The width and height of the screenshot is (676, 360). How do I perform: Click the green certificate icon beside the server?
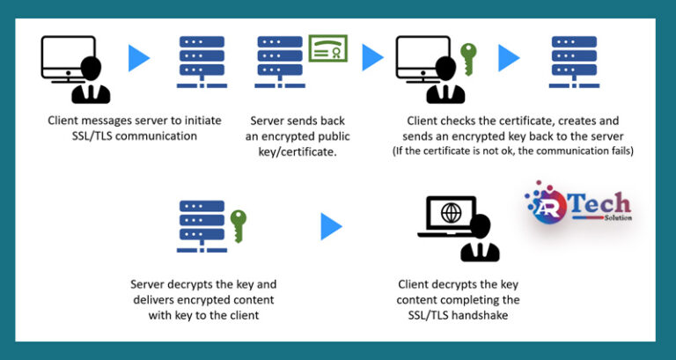(327, 48)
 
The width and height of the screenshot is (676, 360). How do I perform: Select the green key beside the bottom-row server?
(238, 225)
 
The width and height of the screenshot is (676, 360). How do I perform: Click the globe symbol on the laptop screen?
(452, 214)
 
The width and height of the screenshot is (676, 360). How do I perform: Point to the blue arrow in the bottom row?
(331, 226)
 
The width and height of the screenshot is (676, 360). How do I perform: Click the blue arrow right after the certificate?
(372, 58)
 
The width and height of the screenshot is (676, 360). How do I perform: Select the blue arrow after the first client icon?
(139, 58)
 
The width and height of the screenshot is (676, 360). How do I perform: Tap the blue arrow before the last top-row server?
(509, 58)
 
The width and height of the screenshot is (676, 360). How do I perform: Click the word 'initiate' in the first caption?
(198, 121)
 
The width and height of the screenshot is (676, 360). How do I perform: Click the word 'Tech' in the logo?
(602, 202)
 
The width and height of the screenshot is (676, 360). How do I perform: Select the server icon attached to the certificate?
(279, 60)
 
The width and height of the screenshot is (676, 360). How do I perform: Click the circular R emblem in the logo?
(545, 205)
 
